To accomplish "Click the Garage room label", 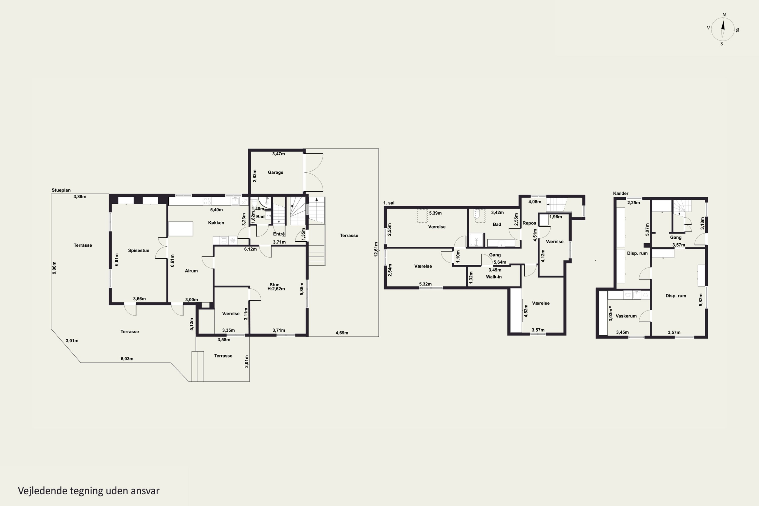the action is click(x=275, y=172).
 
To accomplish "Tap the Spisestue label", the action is click(x=138, y=250).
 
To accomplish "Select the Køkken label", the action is click(x=216, y=223).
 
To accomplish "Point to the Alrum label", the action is click(x=191, y=271).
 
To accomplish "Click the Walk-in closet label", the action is click(x=494, y=277).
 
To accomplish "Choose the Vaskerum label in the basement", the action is click(x=626, y=316).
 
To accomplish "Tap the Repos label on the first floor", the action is click(x=529, y=223).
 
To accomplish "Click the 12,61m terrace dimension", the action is click(x=376, y=249).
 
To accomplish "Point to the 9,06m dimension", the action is click(x=54, y=268).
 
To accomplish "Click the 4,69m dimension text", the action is click(x=342, y=333).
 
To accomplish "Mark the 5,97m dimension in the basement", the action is click(x=647, y=229).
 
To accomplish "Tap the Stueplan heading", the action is click(x=61, y=190).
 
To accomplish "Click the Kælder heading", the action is click(x=621, y=193).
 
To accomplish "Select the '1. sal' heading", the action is click(x=389, y=203).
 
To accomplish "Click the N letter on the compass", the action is click(x=724, y=14).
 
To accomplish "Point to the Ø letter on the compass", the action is click(x=737, y=30).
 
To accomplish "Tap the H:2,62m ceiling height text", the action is click(x=276, y=289).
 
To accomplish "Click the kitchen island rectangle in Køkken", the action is click(x=181, y=229).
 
